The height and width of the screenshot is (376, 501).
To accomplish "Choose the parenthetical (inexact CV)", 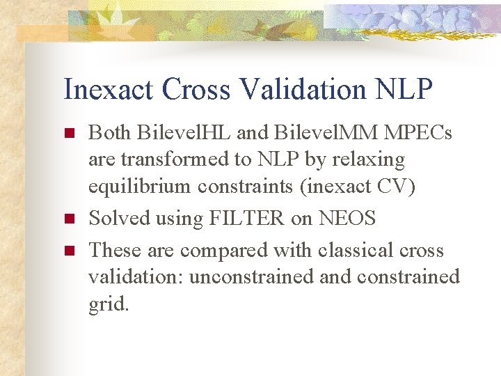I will click(x=359, y=187).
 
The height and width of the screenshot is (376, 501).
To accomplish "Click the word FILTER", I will click(x=247, y=219).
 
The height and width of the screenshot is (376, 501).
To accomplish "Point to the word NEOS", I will click(x=347, y=219).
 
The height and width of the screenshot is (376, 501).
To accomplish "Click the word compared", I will click(x=225, y=249).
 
